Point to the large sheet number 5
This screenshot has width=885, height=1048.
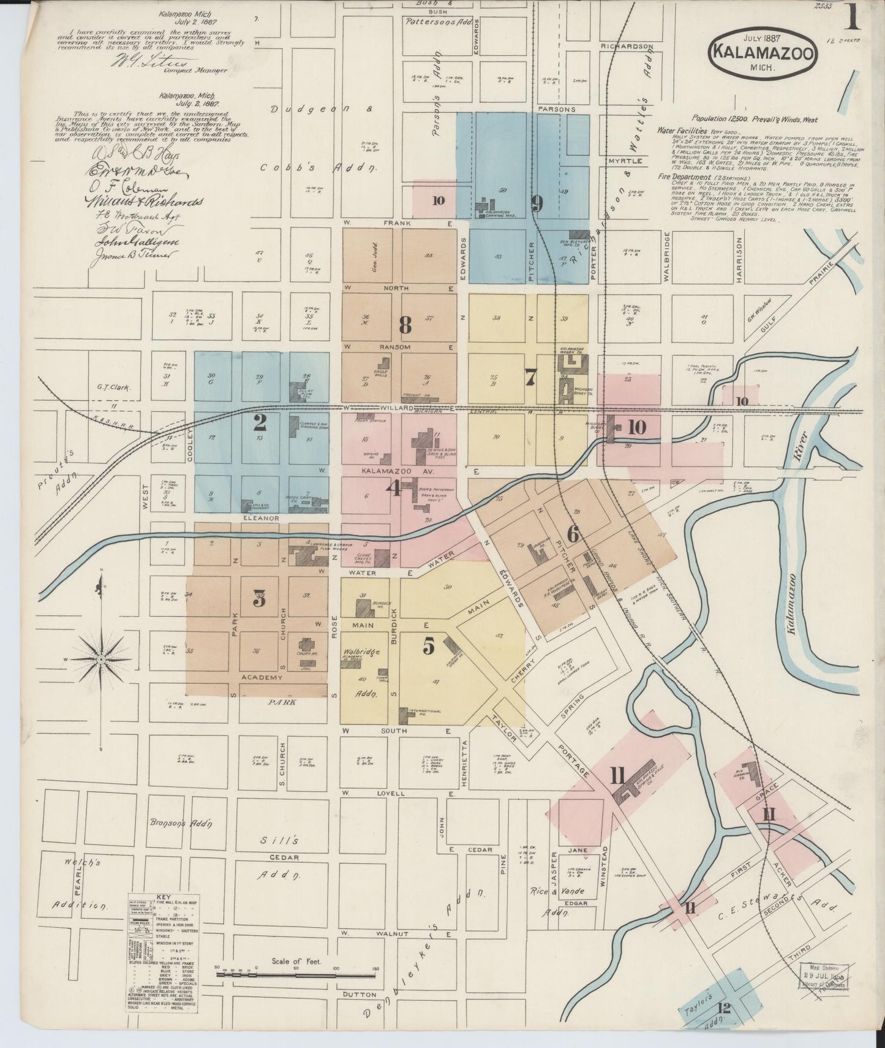coord(428,645)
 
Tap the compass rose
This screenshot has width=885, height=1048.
coord(100,659)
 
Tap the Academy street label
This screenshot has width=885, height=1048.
coord(262,677)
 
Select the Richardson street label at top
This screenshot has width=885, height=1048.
coord(627,46)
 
